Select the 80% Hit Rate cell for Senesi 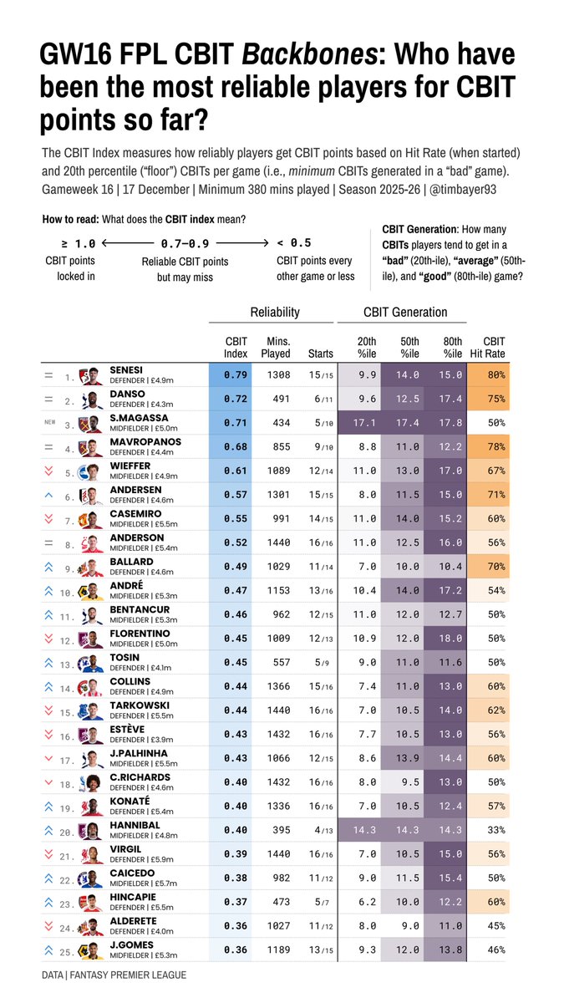[495, 375]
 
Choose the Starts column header [321, 353]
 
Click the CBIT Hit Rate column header [495, 347]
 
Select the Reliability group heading [275, 312]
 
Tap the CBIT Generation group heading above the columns [405, 312]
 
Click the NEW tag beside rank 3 [49, 423]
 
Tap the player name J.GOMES [131, 944]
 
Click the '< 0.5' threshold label [294, 243]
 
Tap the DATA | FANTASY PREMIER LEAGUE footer [114, 975]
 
